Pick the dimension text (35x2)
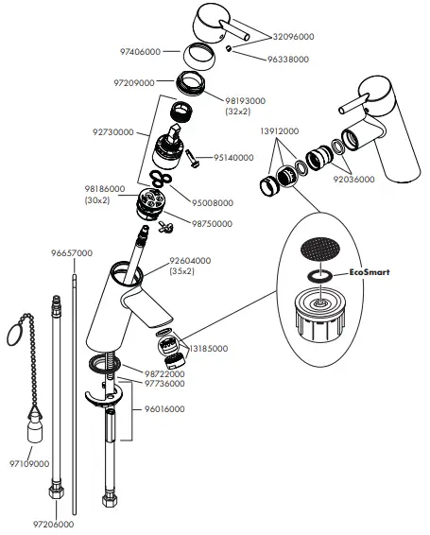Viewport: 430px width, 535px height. tap(182, 271)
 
